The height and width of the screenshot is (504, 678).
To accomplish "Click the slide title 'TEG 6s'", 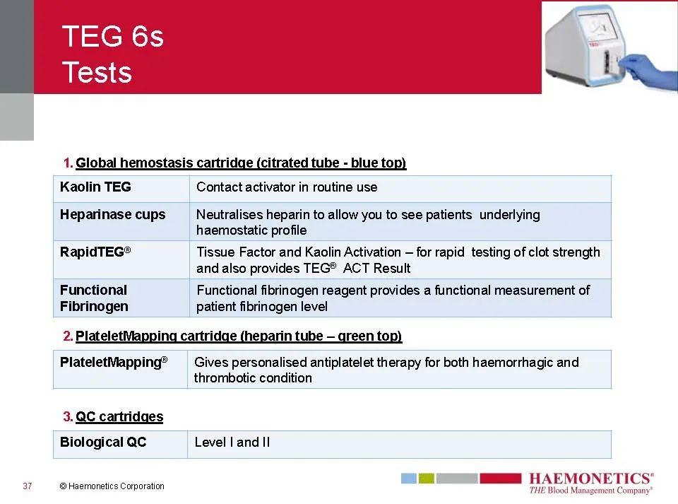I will click(112, 36).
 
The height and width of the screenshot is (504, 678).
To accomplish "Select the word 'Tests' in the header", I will click(97, 72).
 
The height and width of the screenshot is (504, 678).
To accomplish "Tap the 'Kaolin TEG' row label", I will click(95, 187).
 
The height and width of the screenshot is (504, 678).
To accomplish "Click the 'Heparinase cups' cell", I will click(112, 215).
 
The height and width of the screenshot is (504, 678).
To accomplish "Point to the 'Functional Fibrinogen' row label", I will click(94, 298).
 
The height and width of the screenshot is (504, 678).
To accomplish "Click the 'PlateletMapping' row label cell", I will click(113, 363).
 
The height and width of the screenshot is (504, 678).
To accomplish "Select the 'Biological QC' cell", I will click(103, 443).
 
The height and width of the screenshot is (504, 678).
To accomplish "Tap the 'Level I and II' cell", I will click(232, 443).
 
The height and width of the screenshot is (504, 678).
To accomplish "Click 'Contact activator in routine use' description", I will click(287, 187).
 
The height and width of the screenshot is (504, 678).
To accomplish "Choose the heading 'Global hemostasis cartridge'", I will click(240, 163).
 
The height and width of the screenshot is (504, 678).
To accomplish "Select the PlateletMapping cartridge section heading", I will click(238, 336).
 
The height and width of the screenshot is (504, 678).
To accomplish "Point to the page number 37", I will click(28, 486).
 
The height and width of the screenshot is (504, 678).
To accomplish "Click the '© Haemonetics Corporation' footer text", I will click(112, 486).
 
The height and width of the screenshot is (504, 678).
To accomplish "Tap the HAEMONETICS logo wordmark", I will click(590, 479).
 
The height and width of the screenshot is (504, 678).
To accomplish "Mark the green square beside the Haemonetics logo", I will click(426, 479).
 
